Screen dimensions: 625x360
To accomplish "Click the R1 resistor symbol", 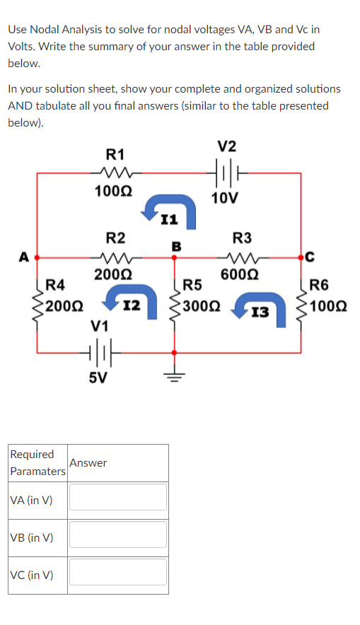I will pyautogui.click(x=114, y=172).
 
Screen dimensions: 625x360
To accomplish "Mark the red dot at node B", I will pyautogui.click(x=173, y=257).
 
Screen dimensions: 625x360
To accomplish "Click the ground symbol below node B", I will pyautogui.click(x=173, y=375).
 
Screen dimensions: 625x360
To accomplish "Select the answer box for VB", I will pyautogui.click(x=118, y=535).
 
